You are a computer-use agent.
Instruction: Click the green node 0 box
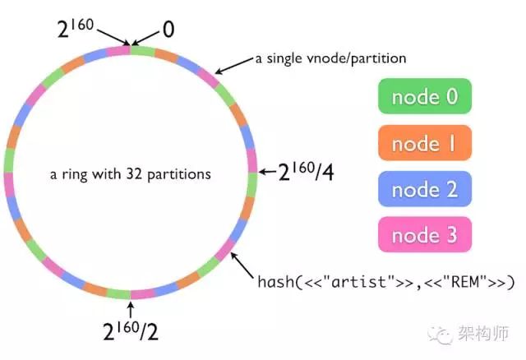425,96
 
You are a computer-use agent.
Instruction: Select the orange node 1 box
425,142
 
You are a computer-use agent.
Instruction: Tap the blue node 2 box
425,189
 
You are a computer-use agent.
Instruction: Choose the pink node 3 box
425,234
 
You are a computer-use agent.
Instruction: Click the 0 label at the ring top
168,30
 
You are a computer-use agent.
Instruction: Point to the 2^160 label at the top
76,28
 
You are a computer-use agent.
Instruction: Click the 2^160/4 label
306,172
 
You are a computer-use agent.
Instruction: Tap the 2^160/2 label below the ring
131,330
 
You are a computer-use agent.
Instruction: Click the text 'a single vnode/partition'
330,58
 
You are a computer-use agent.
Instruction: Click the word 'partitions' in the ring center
179,174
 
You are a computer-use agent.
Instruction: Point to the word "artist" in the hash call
358,281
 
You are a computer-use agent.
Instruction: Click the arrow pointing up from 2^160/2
131,310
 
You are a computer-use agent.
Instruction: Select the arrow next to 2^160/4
268,172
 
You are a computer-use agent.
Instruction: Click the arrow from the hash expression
242,265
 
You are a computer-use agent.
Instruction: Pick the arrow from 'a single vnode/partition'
233,66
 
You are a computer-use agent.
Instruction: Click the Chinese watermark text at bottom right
483,333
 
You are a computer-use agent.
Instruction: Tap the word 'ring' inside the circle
74,174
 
